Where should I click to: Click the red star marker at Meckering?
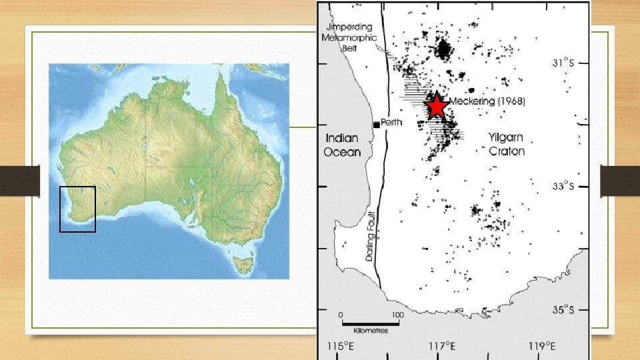[436, 106]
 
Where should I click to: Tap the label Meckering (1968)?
[488, 102]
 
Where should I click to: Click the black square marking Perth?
[377, 125]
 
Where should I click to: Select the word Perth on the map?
[391, 123]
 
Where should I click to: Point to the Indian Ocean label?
[343, 145]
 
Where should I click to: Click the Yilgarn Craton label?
[507, 144]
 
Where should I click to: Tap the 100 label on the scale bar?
[397, 314]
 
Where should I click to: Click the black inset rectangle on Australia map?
[77, 209]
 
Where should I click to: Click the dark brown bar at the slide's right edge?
[620, 180]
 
